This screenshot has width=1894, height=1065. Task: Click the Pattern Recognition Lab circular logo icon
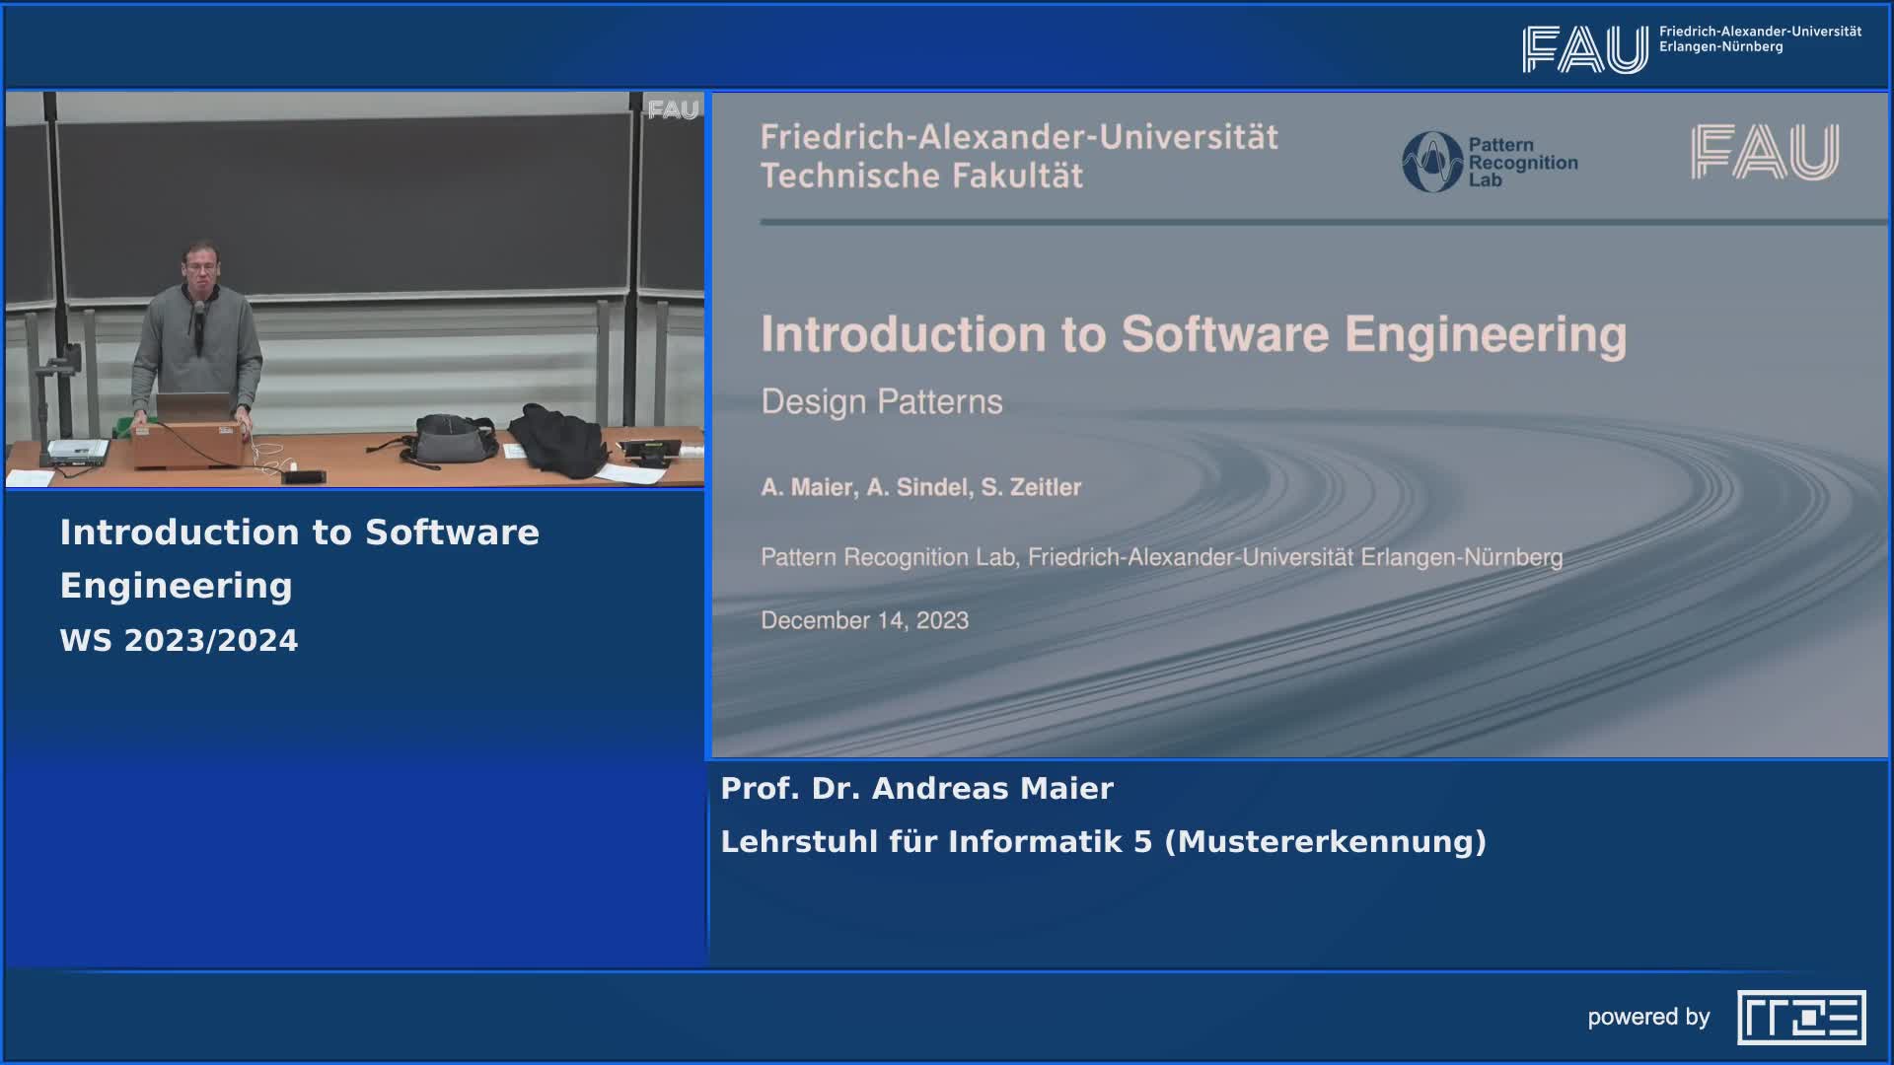pyautogui.click(x=1432, y=162)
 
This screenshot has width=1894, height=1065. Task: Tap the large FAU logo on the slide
pyautogui.click(x=1765, y=152)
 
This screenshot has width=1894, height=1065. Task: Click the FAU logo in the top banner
pyautogui.click(x=1585, y=49)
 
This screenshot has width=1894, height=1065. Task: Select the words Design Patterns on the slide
pyautogui.click(x=882, y=401)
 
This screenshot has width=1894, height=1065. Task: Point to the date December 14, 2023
pyautogui.click(x=864, y=620)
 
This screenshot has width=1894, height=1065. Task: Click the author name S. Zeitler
pyautogui.click(x=1031, y=487)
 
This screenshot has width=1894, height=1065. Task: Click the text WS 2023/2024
pyautogui.click(x=179, y=641)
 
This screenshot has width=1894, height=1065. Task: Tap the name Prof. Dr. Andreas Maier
pyautogui.click(x=916, y=789)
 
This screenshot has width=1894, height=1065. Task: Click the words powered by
pyautogui.click(x=1648, y=1018)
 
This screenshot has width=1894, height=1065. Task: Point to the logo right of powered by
pyautogui.click(x=1801, y=1017)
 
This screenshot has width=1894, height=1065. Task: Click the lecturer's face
pyautogui.click(x=200, y=266)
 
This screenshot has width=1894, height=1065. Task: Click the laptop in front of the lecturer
pyautogui.click(x=193, y=406)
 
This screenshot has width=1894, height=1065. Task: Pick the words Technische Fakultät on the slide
pyautogui.click(x=921, y=177)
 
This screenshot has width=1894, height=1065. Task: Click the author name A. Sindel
pyautogui.click(x=917, y=487)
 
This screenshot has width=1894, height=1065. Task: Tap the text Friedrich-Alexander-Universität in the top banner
pyautogui.click(x=1760, y=32)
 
